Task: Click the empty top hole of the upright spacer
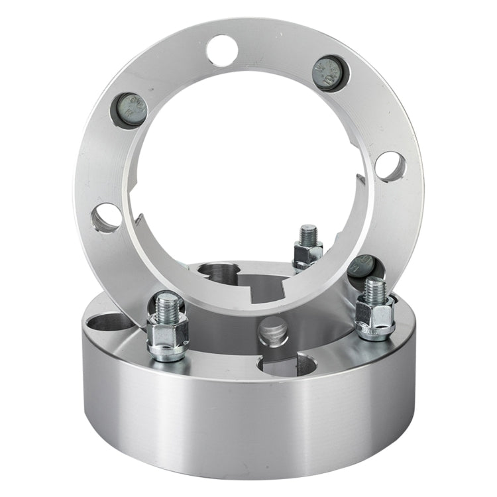click(x=222, y=50)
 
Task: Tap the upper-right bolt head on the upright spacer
click(x=330, y=72)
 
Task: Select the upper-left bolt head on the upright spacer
click(x=129, y=109)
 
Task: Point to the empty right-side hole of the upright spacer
click(x=390, y=166)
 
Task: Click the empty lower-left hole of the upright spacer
click(x=107, y=218)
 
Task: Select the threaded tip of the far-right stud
click(x=375, y=289)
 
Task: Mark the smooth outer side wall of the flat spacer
click(x=252, y=424)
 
